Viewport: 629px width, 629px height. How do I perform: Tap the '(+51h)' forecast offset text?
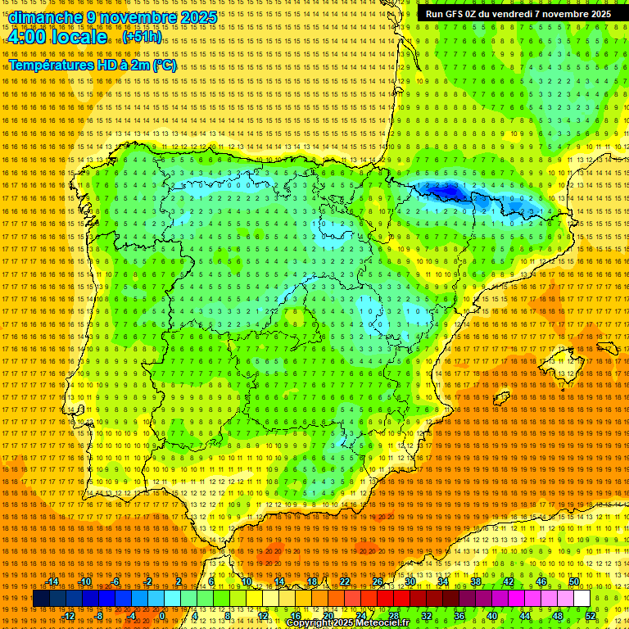(143, 37)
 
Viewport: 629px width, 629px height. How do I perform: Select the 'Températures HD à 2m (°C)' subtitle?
(93, 65)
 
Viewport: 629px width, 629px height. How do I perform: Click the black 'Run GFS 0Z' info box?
(518, 14)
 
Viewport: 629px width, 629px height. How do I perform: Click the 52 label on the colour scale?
(591, 615)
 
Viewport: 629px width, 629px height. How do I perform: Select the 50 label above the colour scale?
(574, 581)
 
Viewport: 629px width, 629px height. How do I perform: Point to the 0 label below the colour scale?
(162, 615)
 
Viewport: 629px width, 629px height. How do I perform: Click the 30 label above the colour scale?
(410, 581)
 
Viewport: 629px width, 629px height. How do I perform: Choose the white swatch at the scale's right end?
(582, 599)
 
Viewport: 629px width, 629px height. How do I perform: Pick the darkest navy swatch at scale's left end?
(41, 599)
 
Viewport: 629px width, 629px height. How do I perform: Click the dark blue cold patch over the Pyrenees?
(442, 191)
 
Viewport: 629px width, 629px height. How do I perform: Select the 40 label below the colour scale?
(491, 615)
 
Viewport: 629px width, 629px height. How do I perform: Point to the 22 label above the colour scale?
(345, 581)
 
